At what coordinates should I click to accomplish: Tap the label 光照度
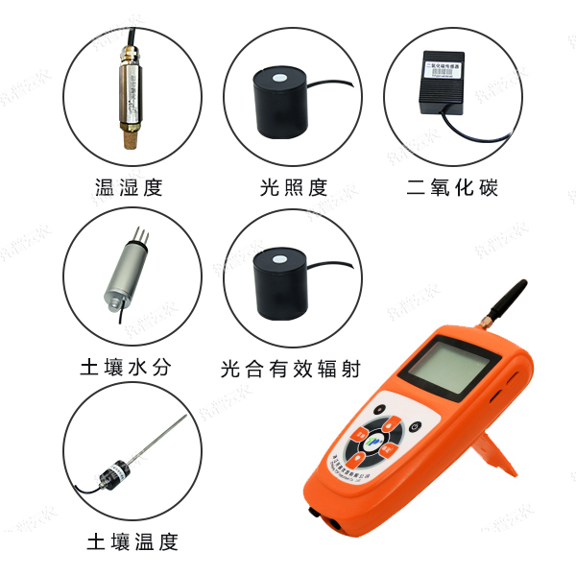coord(293,187)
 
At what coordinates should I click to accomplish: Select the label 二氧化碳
coord(453,187)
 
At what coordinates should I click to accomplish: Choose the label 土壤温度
coord(132,541)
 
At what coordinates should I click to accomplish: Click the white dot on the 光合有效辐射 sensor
coord(278,257)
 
